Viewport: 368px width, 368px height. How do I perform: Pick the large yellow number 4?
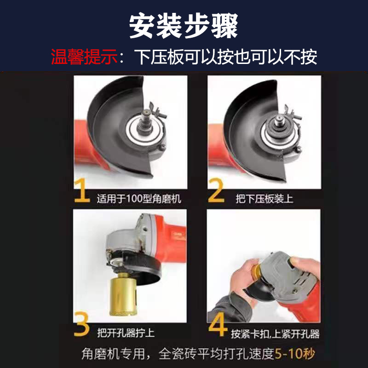pos(217,325)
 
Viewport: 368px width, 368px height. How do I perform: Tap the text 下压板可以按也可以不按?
pos(225,57)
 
